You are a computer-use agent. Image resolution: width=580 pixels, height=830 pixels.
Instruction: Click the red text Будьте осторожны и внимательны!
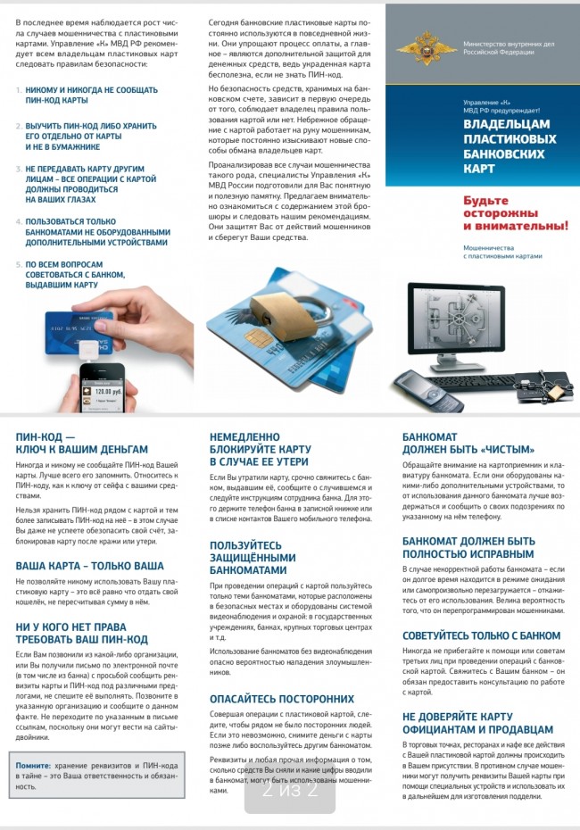[514, 213]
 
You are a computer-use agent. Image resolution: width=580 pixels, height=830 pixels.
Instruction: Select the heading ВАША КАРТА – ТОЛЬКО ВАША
[89, 566]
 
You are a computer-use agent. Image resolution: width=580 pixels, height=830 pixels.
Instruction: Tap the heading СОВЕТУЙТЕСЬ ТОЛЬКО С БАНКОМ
[481, 636]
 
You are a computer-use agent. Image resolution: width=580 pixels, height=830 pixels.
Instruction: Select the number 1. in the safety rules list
[19, 90]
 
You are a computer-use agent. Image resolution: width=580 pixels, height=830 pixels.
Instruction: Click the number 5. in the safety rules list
[19, 265]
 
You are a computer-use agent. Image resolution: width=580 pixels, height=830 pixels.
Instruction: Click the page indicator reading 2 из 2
[290, 790]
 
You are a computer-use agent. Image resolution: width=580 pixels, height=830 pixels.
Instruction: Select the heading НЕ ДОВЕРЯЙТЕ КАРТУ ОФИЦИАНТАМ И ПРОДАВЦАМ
[477, 723]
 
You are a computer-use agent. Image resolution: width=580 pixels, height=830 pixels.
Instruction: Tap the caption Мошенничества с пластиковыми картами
[501, 251]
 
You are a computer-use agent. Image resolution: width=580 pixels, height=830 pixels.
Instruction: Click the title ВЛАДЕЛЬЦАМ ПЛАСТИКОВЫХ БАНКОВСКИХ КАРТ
[510, 146]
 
